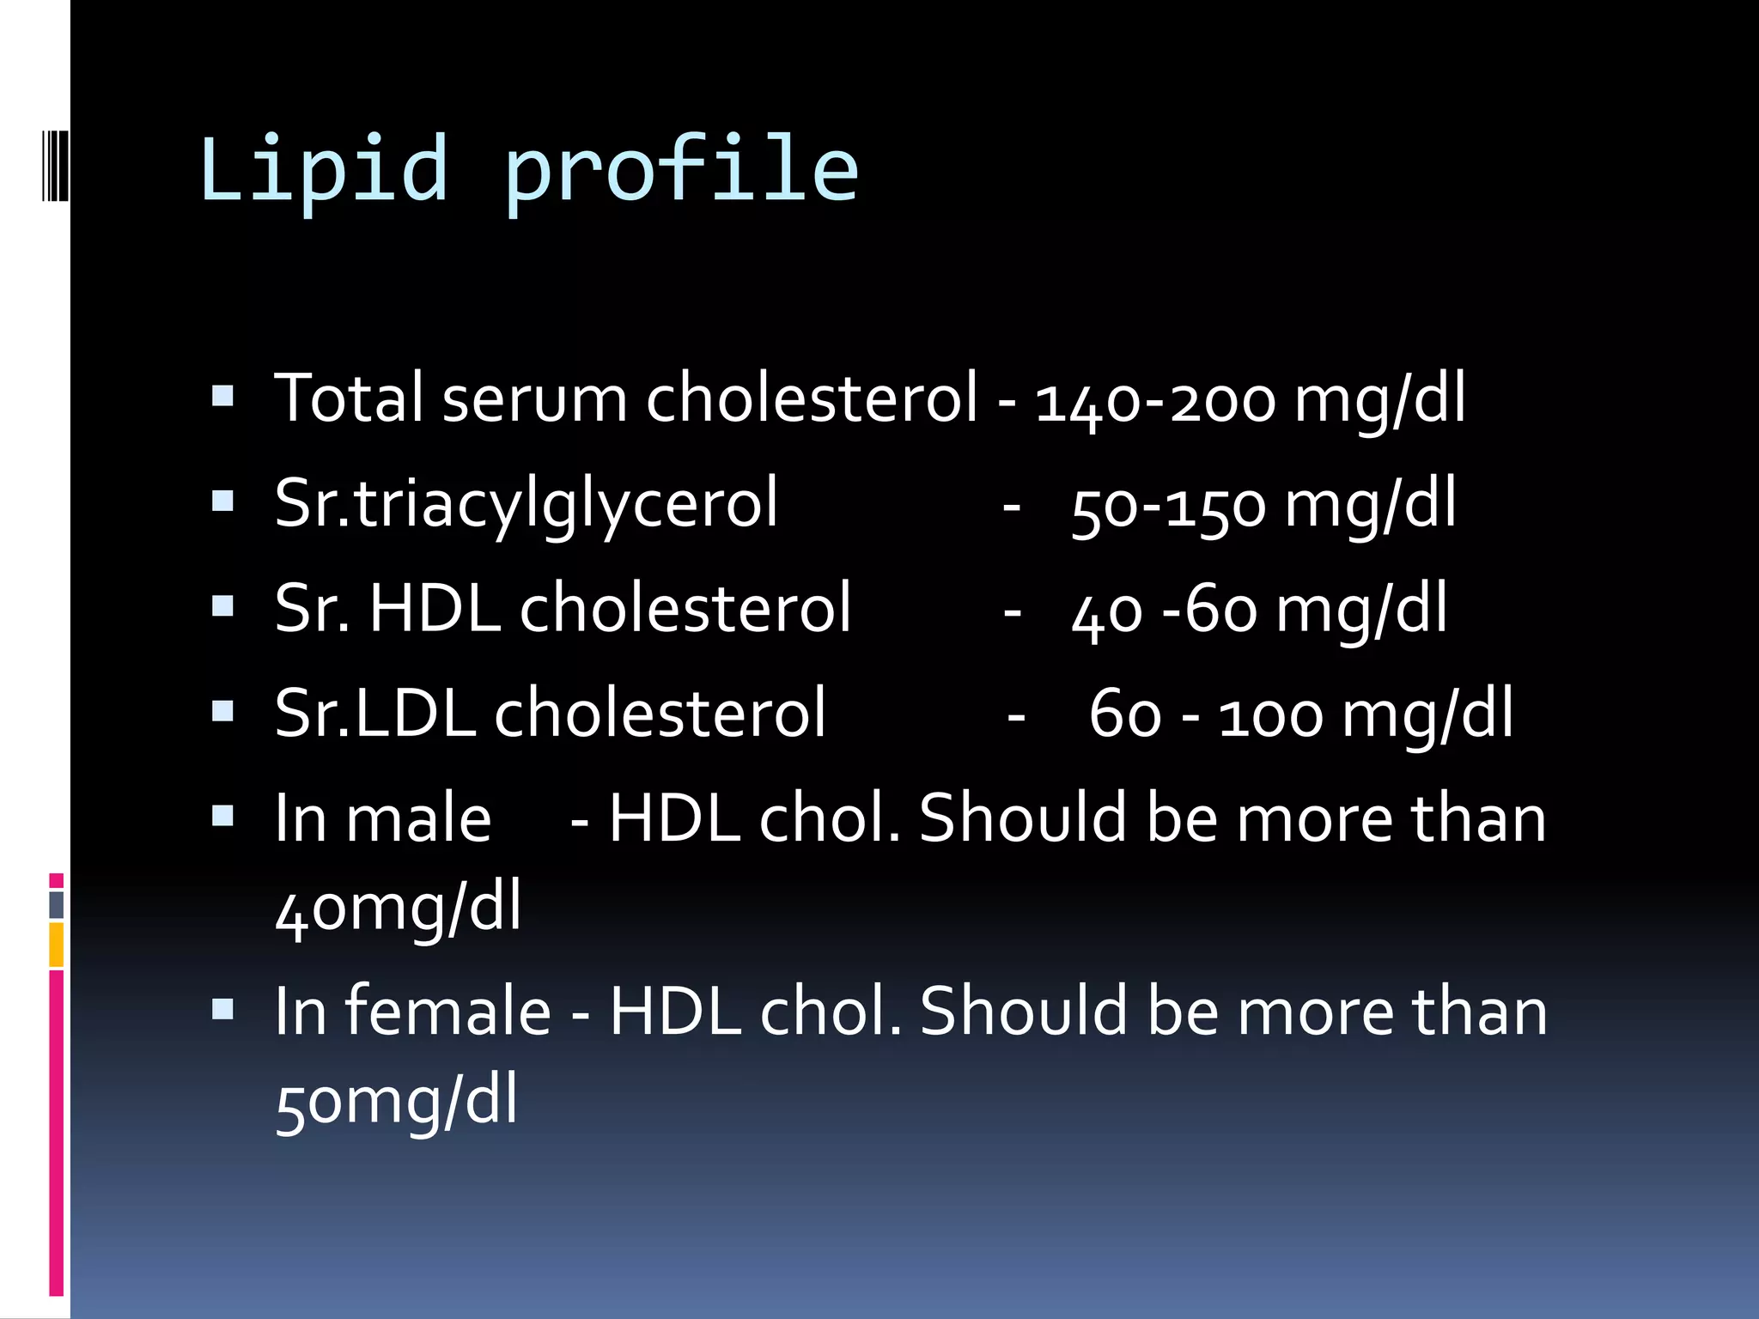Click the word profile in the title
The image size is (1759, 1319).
pos(681,169)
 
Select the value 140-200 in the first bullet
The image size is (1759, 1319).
pos(1155,400)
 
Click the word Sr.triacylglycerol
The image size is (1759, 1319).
pos(526,503)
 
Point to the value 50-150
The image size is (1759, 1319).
pos(1168,507)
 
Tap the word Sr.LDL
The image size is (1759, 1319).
pos(375,713)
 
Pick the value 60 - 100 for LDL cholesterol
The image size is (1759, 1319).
pos(1206,715)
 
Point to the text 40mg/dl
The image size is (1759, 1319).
pos(398,909)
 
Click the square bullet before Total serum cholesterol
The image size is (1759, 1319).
pos(223,396)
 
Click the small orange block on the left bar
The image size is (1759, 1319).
pos(56,944)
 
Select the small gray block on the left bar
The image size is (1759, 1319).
pos(56,904)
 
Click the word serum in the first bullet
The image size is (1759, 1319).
pos(535,399)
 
